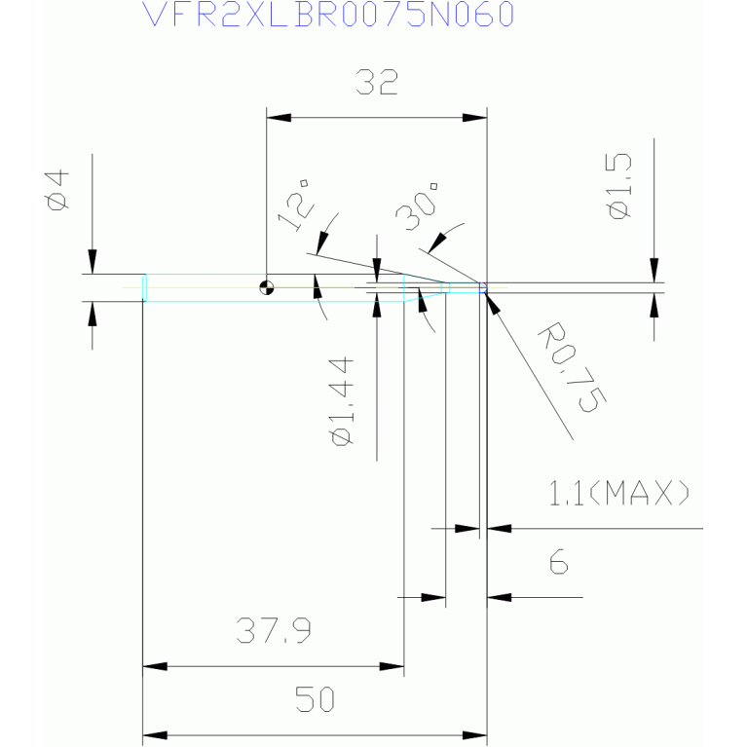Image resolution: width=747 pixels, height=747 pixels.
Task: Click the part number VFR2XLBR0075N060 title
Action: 328,14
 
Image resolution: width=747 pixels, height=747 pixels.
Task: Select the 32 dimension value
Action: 377,83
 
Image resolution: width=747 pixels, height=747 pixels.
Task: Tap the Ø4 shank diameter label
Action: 57,190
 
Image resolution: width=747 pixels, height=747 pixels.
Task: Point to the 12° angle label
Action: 295,205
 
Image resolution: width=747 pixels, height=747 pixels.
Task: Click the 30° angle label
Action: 417,205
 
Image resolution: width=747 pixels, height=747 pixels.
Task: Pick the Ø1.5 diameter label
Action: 620,186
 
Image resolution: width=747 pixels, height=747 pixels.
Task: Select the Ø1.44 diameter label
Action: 342,401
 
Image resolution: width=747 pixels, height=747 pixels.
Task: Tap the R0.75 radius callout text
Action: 573,367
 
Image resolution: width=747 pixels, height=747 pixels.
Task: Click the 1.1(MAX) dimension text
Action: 618,493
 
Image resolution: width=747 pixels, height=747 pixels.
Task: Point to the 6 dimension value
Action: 559,561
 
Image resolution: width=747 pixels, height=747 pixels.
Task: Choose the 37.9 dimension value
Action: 274,630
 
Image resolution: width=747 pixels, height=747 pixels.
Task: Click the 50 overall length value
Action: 315,699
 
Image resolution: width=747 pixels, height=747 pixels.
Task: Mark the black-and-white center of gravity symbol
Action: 267,287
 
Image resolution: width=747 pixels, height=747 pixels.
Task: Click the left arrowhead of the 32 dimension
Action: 279,118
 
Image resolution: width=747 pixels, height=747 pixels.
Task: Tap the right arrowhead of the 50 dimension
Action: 474,735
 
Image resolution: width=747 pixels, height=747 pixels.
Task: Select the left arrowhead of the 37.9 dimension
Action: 155,666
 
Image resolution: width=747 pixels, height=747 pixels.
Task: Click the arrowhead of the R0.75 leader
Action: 493,304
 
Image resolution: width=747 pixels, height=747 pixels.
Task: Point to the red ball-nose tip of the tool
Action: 483,287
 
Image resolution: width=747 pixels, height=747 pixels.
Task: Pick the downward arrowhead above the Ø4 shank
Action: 93,262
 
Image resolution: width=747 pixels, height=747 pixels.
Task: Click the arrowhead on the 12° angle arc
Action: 322,243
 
